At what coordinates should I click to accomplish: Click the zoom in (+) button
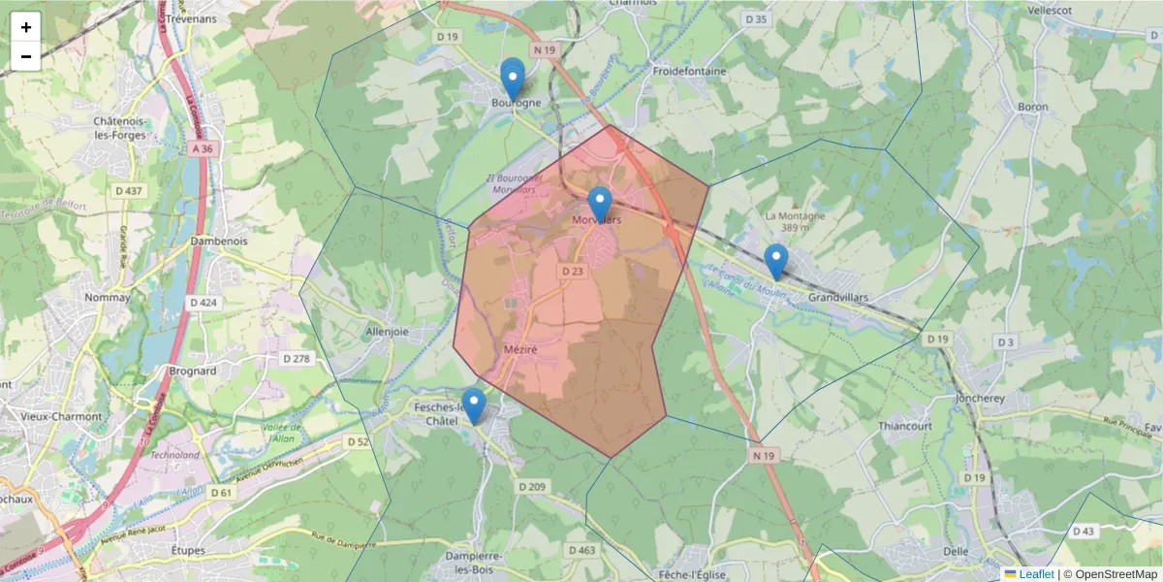(x=26, y=27)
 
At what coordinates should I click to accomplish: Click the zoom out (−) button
(x=26, y=56)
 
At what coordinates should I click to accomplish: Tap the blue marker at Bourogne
(x=512, y=79)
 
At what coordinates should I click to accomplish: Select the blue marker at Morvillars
(x=600, y=205)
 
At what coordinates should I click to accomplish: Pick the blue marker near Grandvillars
(x=775, y=261)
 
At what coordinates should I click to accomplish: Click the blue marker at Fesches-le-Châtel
(x=474, y=405)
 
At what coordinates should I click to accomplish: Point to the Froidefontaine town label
(x=689, y=71)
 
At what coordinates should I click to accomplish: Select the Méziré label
(x=520, y=348)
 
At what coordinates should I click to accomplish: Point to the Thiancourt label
(x=876, y=425)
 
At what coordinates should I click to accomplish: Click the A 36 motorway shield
(x=202, y=148)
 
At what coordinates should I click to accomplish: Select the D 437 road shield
(x=128, y=190)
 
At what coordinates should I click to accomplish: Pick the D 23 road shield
(x=573, y=273)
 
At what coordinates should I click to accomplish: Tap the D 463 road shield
(x=582, y=550)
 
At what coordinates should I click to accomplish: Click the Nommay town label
(x=108, y=298)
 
